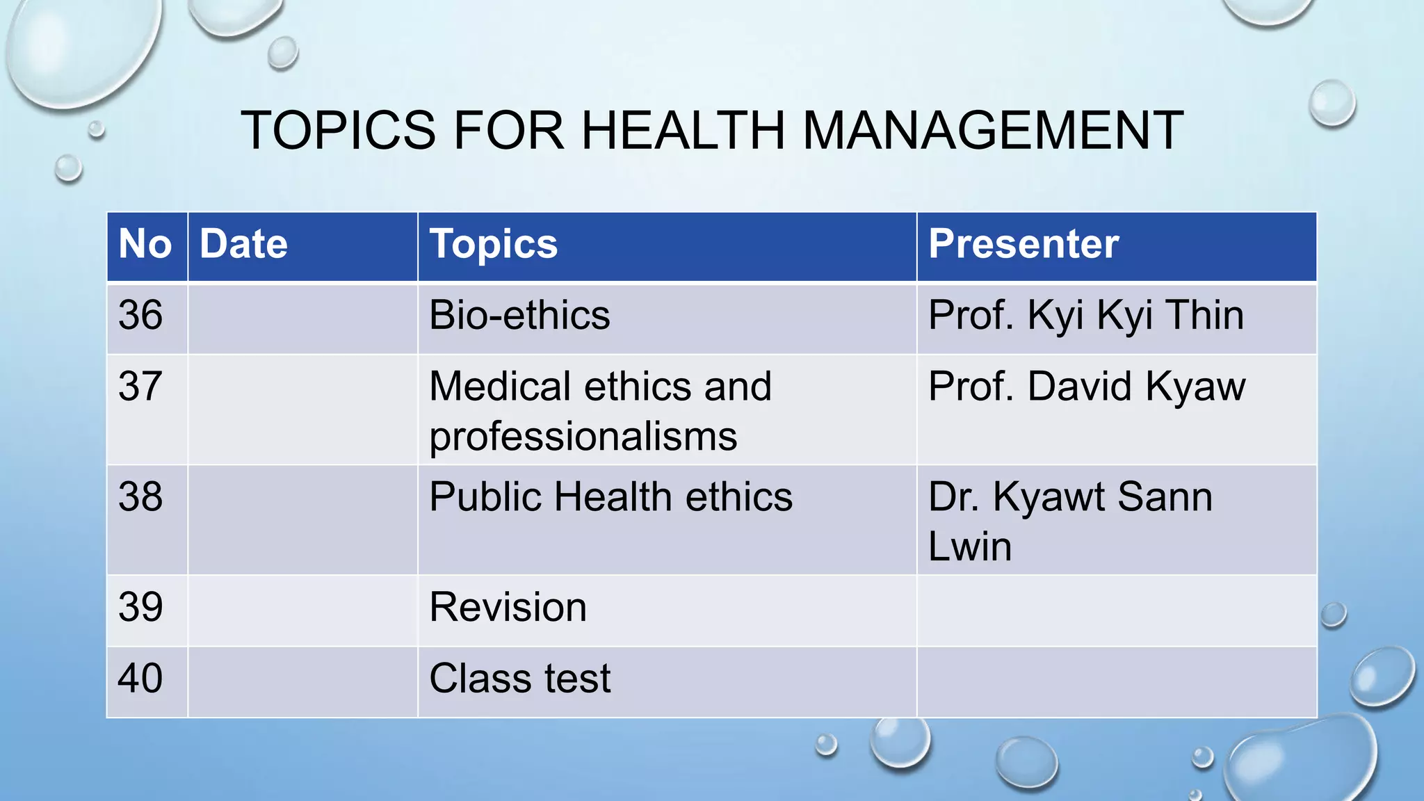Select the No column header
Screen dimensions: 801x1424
click(145, 244)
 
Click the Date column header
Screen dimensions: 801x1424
click(243, 244)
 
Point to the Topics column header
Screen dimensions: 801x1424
click(493, 244)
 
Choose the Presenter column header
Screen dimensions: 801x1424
click(1023, 244)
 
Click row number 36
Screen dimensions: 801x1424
click(140, 315)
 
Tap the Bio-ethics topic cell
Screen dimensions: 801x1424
click(519, 315)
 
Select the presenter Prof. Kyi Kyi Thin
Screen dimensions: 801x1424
click(1085, 315)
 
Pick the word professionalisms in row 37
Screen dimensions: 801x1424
click(583, 437)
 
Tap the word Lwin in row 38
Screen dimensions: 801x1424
click(969, 547)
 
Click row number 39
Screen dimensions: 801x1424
click(140, 607)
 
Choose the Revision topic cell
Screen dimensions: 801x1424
click(508, 607)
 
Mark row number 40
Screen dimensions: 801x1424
click(140, 678)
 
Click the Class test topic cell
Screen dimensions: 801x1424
click(519, 678)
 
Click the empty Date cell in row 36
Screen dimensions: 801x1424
click(302, 318)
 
